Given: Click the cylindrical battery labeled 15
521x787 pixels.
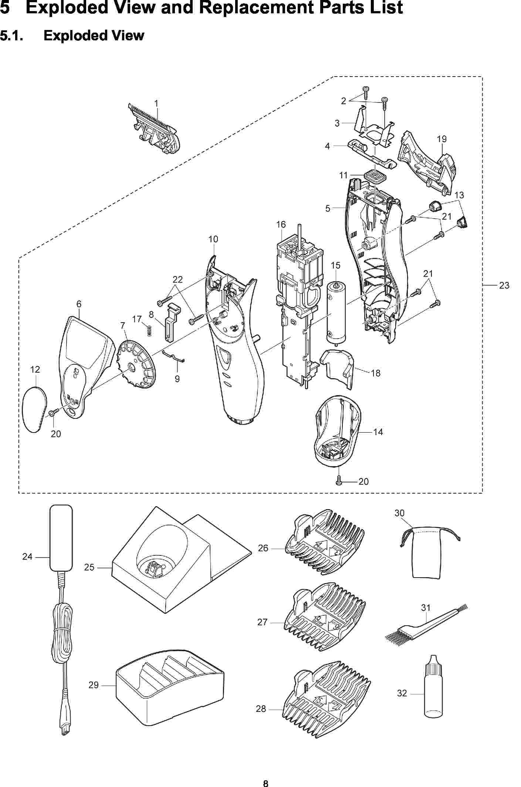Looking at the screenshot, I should (336, 313).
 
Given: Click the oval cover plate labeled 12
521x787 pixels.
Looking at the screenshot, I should (35, 408).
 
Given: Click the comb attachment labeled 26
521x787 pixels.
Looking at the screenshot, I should (325, 544).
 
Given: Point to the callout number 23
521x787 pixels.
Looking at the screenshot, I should (504, 285).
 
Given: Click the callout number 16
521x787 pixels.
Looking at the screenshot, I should (281, 225).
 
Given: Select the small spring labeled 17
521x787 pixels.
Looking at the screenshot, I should (149, 330).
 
